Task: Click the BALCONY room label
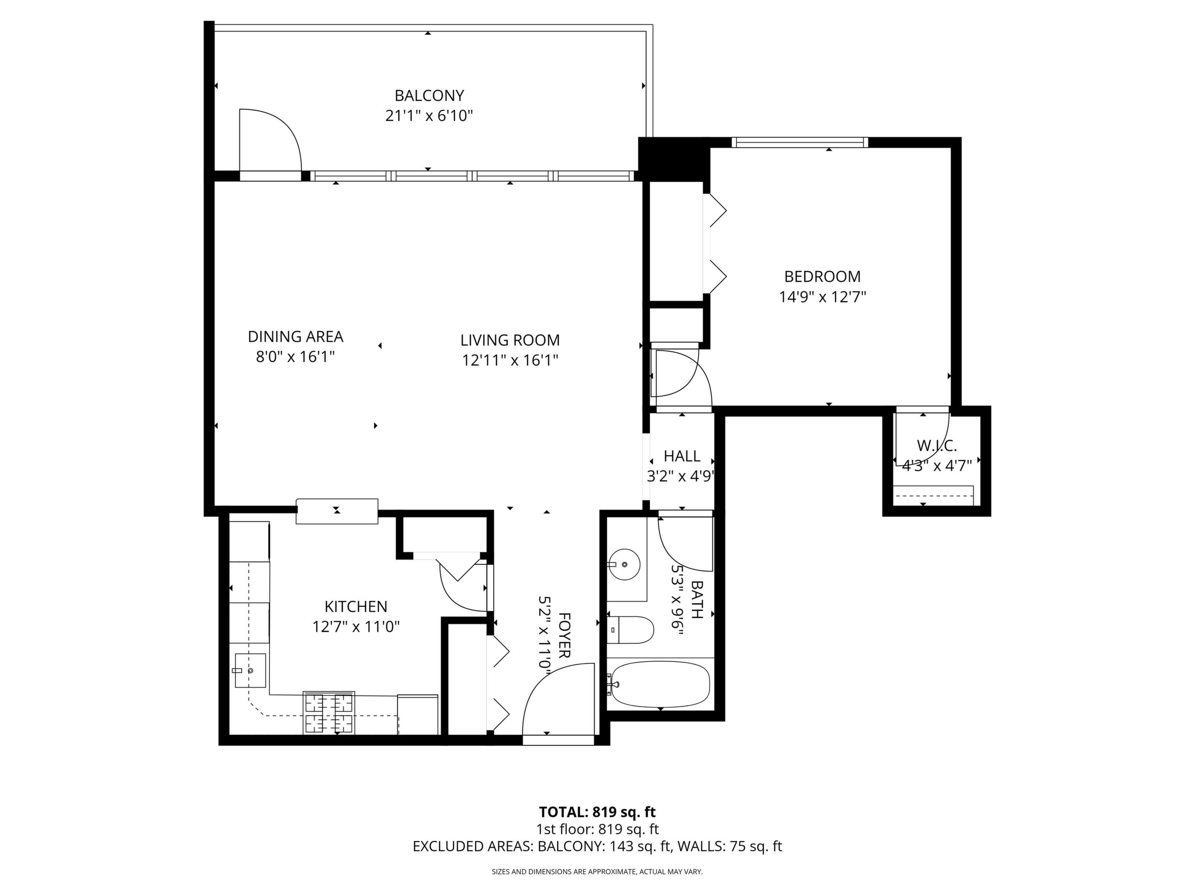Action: [429, 96]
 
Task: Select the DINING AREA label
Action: [295, 336]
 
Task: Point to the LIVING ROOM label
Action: [510, 340]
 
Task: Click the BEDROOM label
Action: [822, 277]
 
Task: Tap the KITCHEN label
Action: [356, 606]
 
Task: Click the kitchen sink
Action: [250, 670]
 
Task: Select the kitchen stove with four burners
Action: [329, 712]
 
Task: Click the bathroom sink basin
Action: [624, 564]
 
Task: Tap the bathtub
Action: [659, 684]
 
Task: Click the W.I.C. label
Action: [937, 446]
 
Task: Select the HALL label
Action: [682, 456]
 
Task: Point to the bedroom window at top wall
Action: [800, 143]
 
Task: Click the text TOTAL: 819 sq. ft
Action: [597, 827]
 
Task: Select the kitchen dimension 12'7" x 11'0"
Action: [356, 627]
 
